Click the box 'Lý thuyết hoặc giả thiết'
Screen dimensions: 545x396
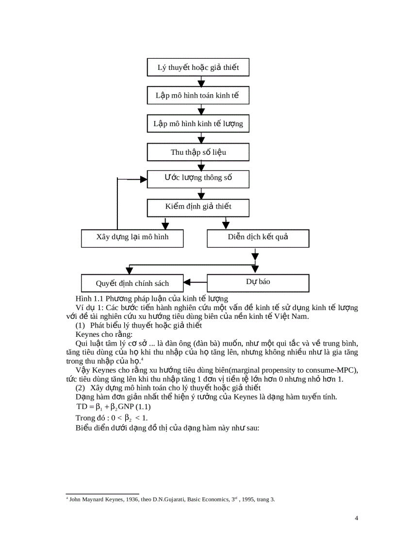pos(198,67)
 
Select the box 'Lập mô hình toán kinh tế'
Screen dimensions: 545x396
pos(198,95)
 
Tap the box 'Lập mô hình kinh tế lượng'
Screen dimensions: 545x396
pos(198,123)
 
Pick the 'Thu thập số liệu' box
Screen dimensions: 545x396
pos(198,152)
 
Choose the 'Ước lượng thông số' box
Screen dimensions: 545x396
pos(198,178)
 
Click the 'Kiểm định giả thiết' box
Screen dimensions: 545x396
pos(198,207)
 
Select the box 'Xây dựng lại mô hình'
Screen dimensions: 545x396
pos(132,238)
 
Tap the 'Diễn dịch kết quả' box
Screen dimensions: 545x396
pos(258,238)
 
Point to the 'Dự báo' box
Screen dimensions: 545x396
pos(258,282)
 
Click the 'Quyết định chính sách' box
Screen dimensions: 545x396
pos(132,283)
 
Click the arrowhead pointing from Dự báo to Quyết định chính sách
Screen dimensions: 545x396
pos(187,282)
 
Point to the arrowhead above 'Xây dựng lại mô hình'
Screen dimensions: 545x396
pos(165,225)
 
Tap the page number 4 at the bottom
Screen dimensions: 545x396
pos(357,518)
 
